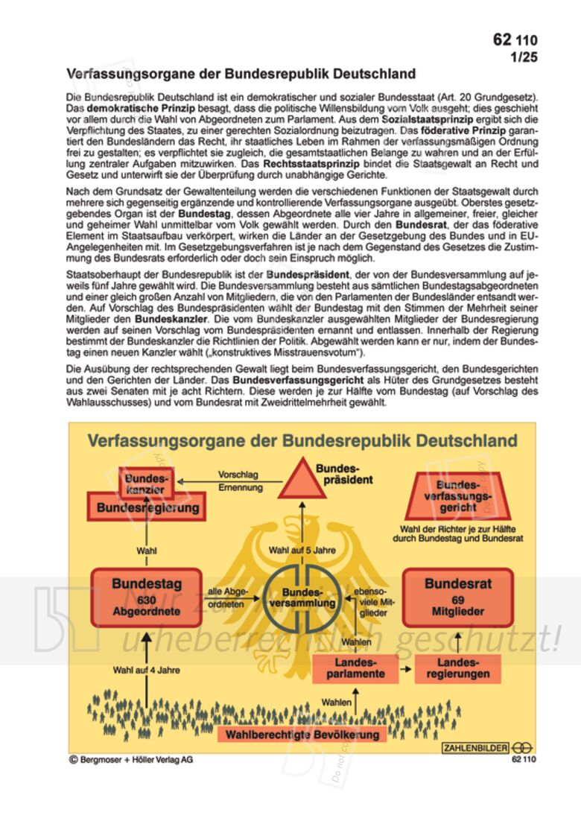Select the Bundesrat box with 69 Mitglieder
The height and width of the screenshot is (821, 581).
[457, 597]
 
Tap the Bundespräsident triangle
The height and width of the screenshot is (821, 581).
[303, 479]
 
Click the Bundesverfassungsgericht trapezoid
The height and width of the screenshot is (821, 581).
[457, 495]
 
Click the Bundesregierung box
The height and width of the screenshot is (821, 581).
[148, 508]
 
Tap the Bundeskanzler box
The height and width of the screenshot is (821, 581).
[146, 484]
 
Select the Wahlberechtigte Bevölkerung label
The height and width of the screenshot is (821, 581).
[302, 735]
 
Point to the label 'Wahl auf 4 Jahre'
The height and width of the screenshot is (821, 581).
[146, 670]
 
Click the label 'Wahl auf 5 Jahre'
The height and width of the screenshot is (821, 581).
[302, 551]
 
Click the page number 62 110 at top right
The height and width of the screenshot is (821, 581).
[514, 40]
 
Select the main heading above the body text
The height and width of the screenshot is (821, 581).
[241, 75]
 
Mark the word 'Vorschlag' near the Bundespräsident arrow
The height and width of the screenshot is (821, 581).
[238, 475]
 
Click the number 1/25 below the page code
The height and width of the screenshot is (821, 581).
[523, 57]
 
